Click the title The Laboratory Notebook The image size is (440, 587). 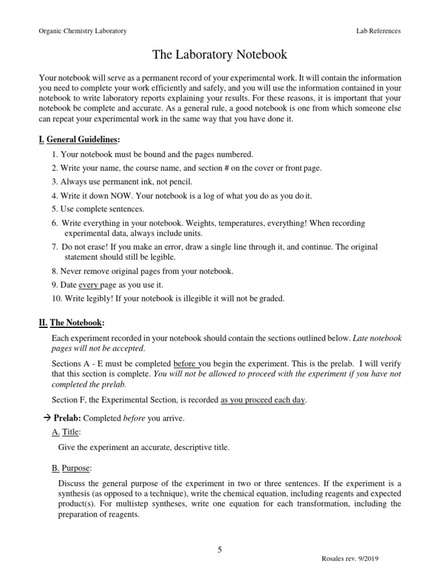219,55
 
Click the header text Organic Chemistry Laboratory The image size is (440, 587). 82,31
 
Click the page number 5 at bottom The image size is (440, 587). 219,550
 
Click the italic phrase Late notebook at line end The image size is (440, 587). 377,339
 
